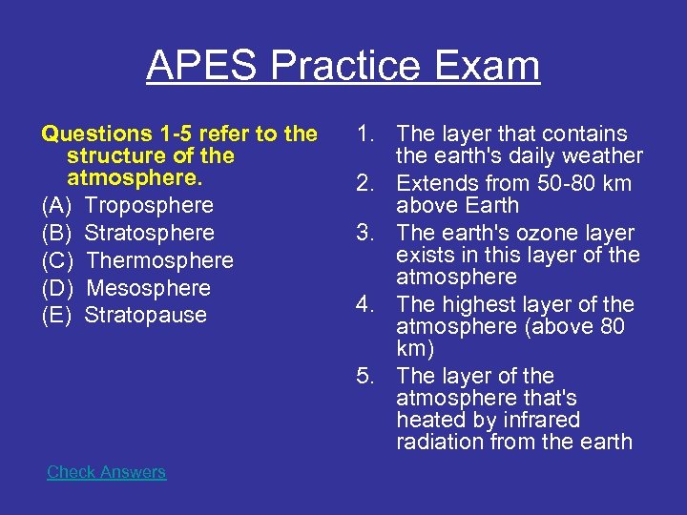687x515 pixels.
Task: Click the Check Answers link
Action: pos(106,472)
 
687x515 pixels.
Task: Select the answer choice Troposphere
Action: pos(149,205)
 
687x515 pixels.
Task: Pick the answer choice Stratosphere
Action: pos(150,233)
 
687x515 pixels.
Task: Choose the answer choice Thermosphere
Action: pos(159,260)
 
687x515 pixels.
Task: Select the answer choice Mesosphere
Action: pos(148,288)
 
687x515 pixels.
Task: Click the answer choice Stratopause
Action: pos(146,316)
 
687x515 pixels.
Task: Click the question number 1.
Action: pos(368,134)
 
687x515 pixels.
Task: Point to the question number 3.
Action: pos(368,233)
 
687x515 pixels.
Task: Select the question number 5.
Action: pos(368,376)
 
